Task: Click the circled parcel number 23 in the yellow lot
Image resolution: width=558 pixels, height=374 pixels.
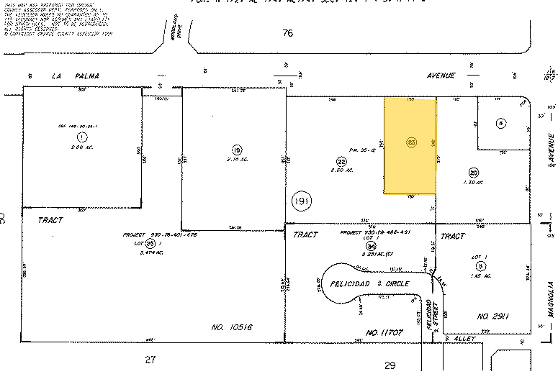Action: tap(412, 142)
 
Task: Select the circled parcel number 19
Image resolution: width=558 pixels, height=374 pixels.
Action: tap(236, 150)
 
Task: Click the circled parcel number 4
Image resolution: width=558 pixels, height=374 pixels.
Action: tap(500, 123)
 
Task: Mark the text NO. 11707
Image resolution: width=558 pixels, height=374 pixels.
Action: tap(382, 333)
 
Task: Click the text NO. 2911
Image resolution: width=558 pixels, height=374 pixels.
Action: tap(493, 316)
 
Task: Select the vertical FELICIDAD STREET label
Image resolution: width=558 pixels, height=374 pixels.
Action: tap(431, 315)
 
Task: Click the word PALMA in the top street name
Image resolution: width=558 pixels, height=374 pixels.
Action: tap(86, 76)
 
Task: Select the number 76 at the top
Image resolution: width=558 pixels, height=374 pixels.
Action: tap(289, 32)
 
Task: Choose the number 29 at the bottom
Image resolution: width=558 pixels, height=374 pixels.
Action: tap(390, 365)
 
